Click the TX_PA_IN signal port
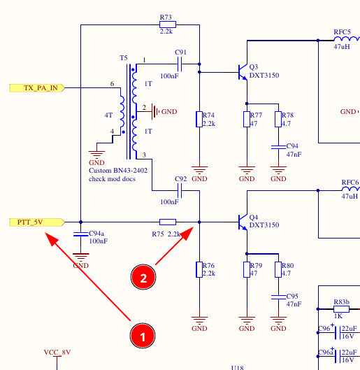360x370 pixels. click(x=37, y=88)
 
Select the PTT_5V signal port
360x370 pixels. click(x=37, y=222)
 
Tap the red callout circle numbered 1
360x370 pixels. click(x=143, y=336)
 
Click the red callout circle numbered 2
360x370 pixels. click(x=143, y=277)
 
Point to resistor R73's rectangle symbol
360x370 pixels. click(x=168, y=24)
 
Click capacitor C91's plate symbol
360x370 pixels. click(x=180, y=64)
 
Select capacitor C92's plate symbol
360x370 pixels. click(x=180, y=190)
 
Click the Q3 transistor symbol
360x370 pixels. click(x=243, y=72)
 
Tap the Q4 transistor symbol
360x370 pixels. click(x=243, y=222)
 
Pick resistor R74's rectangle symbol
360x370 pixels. click(x=199, y=119)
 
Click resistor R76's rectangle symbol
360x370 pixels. click(x=199, y=269)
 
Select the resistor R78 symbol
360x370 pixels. click(x=278, y=119)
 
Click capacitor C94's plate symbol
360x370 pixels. click(x=278, y=147)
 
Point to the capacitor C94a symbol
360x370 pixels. click(x=80, y=234)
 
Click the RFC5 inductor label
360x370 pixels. click(x=342, y=32)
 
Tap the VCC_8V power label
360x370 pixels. click(x=57, y=353)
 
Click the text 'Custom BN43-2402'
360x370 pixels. click(x=118, y=171)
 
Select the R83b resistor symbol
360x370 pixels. click(x=341, y=309)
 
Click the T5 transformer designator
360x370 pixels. click(x=124, y=58)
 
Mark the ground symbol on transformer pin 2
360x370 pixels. click(x=156, y=111)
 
